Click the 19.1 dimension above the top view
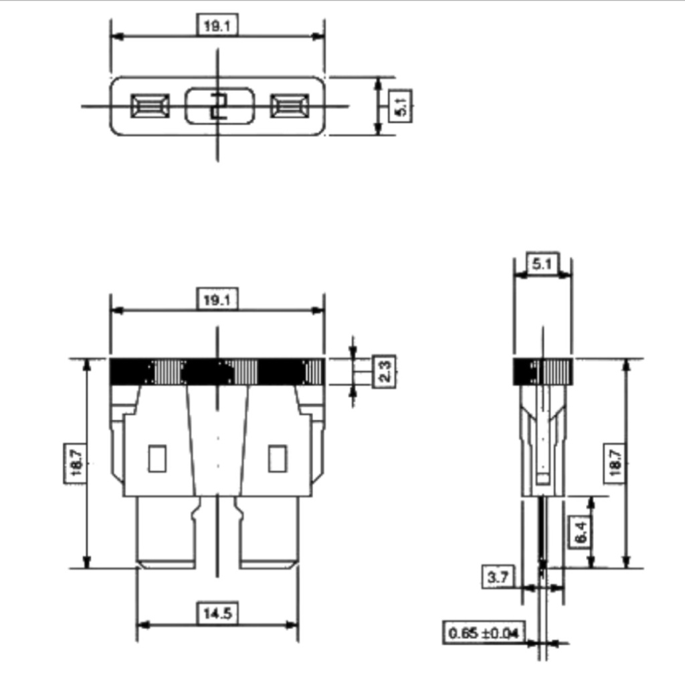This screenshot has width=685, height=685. [217, 25]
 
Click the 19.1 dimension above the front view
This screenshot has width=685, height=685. [217, 300]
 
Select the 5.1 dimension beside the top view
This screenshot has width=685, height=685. [401, 106]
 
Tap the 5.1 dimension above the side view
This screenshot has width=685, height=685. [543, 264]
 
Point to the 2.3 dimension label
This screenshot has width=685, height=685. [385, 371]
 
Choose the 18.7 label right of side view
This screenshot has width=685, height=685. [615, 462]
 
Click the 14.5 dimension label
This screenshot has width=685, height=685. [217, 613]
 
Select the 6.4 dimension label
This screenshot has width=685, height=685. [581, 532]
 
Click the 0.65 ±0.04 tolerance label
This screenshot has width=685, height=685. [483, 632]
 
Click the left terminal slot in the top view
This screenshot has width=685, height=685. [150, 106]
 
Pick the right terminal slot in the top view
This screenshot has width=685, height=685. [290, 106]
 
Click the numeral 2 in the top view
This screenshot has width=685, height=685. [219, 106]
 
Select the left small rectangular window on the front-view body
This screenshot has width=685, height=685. [157, 458]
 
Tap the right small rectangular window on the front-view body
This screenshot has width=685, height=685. [278, 458]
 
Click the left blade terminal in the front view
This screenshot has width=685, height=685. [165, 532]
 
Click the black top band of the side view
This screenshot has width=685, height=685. [543, 371]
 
